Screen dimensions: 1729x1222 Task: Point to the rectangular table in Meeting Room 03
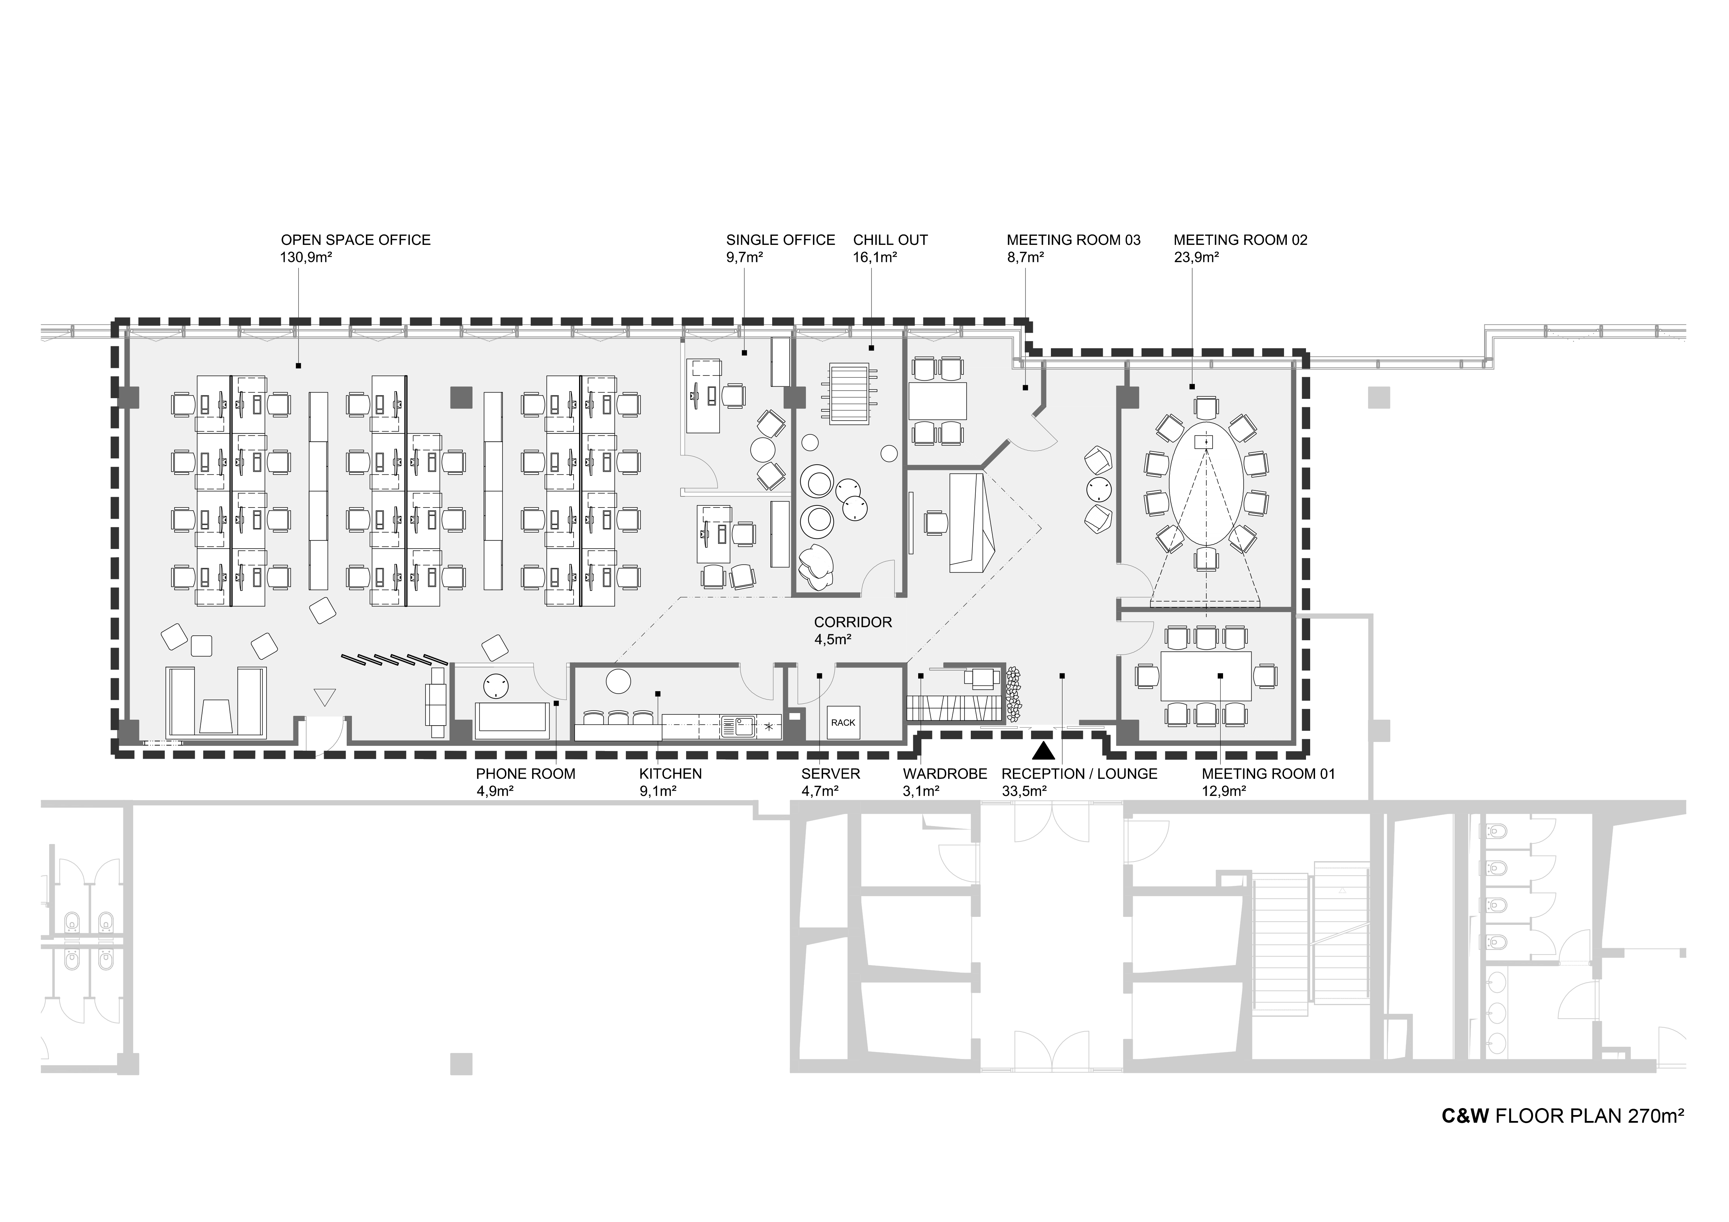[938, 401]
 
